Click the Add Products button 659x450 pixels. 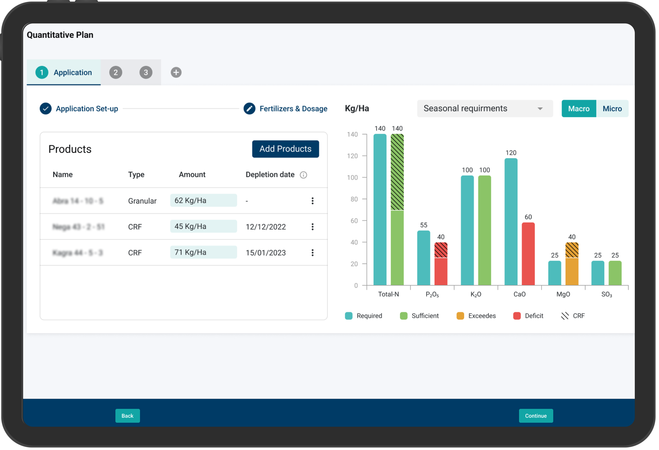pos(285,149)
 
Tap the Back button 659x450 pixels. pos(127,416)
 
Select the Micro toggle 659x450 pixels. pos(612,109)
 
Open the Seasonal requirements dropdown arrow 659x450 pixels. pos(540,109)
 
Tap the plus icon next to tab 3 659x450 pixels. pos(176,73)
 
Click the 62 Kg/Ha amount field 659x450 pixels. pos(203,201)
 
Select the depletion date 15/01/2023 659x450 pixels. pos(265,253)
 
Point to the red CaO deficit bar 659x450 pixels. pos(528,254)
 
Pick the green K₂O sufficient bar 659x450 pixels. pos(484,230)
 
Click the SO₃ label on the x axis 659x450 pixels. pos(607,295)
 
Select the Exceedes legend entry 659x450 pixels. pos(476,316)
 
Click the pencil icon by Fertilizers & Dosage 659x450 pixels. pos(249,109)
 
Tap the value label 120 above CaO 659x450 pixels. pos(511,153)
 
